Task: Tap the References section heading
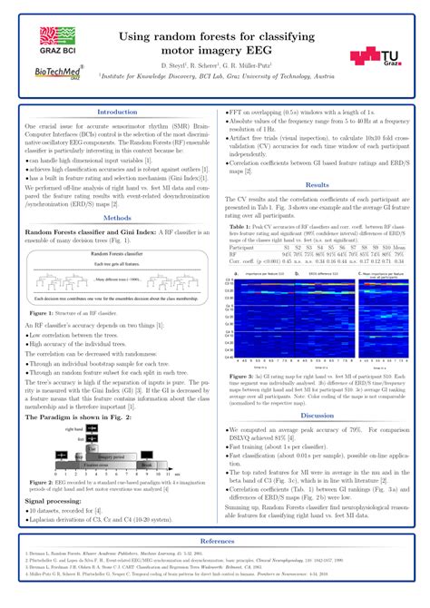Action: pos(215,540)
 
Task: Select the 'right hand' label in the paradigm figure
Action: pos(73,427)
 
